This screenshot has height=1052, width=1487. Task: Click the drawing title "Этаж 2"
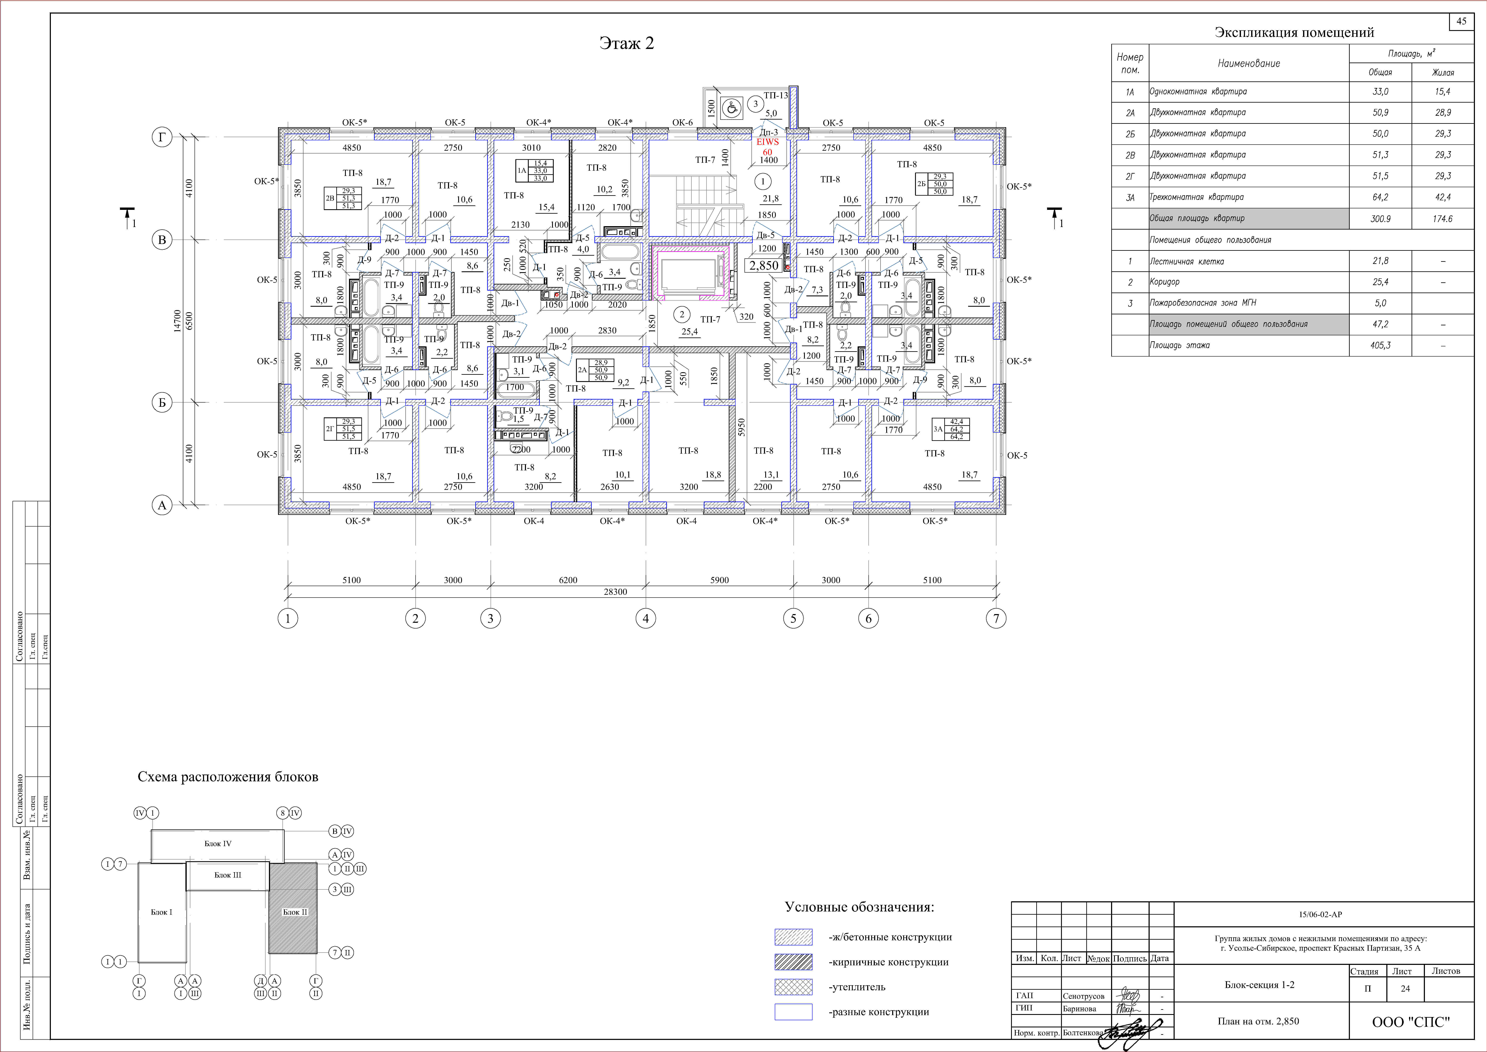(626, 43)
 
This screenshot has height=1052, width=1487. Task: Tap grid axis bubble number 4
(646, 619)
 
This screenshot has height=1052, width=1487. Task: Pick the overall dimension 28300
(615, 591)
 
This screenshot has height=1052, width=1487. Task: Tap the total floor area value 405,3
(1380, 345)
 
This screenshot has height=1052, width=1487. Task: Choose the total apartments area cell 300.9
(1380, 219)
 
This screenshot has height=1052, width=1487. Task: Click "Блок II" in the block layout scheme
(295, 912)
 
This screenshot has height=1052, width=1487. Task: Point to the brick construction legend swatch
(793, 962)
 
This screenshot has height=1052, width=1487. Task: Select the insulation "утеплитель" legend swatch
(793, 987)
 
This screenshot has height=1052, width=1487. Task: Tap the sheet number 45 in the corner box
(1461, 21)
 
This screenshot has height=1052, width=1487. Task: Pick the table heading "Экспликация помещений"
(1294, 32)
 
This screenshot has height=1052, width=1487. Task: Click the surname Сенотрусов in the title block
(1084, 996)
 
